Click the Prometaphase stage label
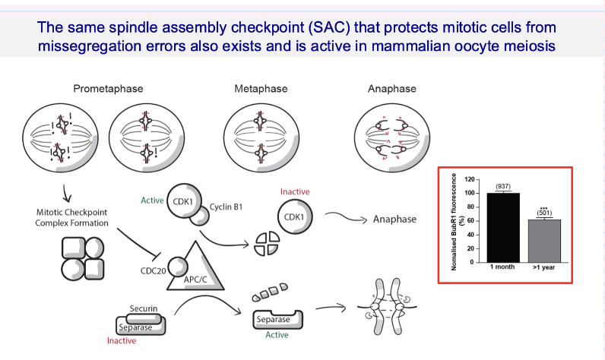[108, 89]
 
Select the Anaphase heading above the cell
[391, 89]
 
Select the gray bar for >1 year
[543, 240]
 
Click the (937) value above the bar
[502, 185]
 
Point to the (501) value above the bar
[543, 213]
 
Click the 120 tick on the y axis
[469, 179]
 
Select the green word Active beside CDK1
[153, 201]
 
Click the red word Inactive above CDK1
[296, 191]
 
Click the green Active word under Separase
[276, 335]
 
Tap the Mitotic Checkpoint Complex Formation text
[72, 216]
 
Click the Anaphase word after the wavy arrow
[394, 219]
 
